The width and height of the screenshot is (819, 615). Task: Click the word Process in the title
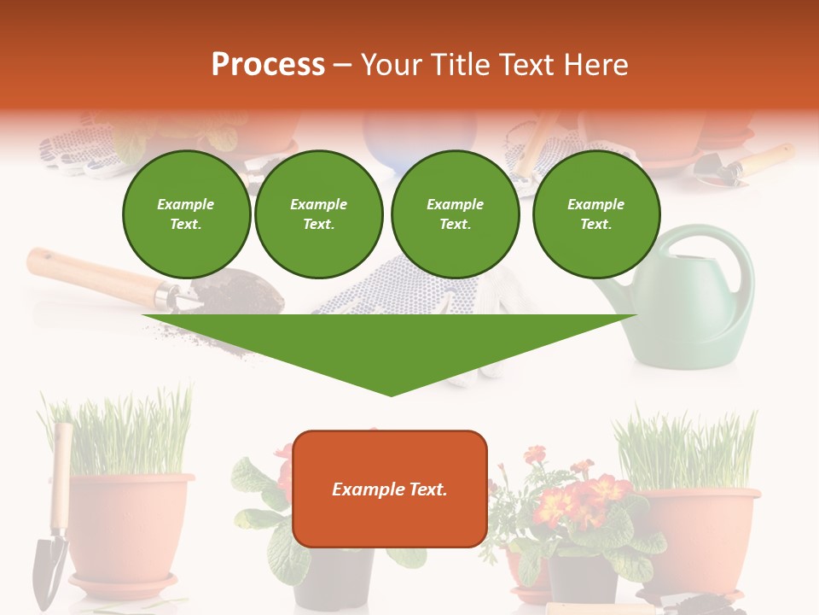[268, 65]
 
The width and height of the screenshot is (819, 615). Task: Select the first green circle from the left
[186, 214]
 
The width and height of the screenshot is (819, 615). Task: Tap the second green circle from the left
[319, 214]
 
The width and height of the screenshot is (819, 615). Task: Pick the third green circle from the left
[456, 214]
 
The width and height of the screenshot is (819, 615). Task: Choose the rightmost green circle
[595, 214]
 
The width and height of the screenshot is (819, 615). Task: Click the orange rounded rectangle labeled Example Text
[390, 489]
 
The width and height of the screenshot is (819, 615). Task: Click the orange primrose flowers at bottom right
[589, 495]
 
